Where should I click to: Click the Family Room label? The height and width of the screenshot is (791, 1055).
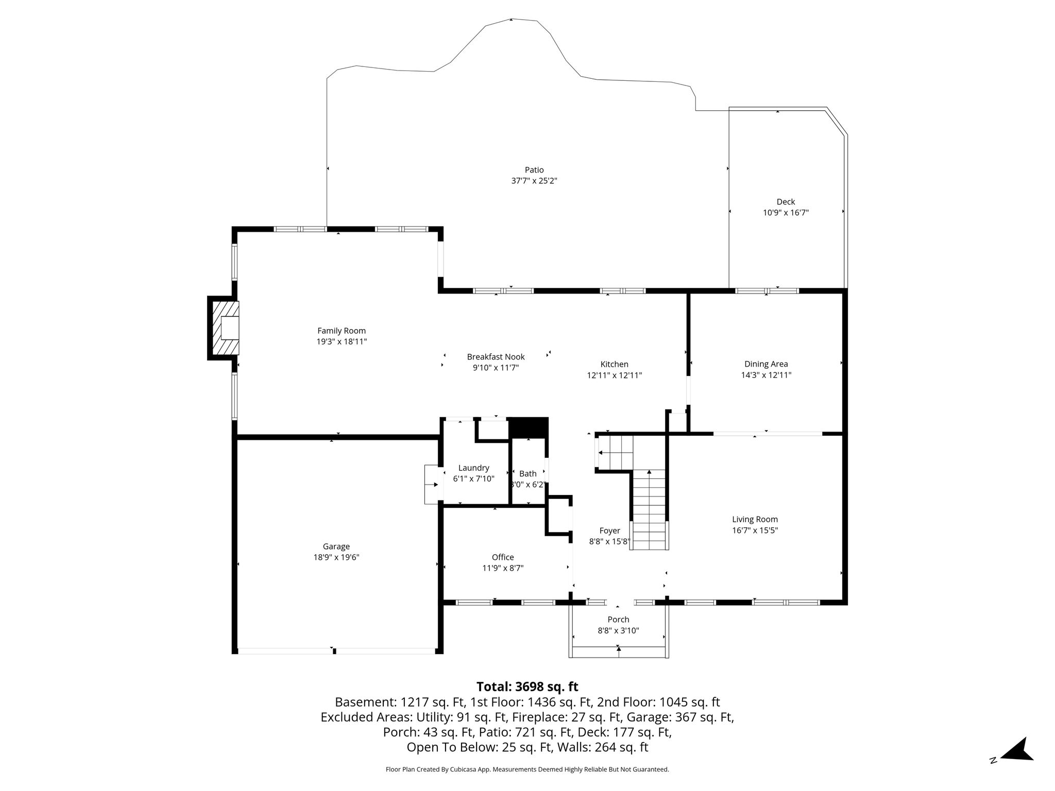pos(342,331)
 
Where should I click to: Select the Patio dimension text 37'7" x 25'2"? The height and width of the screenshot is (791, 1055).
pos(534,181)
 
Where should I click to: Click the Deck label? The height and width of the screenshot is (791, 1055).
pos(786,202)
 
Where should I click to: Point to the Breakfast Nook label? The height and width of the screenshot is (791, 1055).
pos(496,357)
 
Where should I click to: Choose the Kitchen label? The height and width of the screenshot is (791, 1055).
pos(614,365)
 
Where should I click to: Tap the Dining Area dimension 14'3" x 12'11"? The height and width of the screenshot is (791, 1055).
pos(766,375)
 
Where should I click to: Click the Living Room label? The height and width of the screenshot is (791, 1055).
pos(755,520)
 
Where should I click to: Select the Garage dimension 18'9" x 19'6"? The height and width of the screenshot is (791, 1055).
pos(336,557)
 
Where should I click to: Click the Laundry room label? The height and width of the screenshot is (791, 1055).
pos(473,468)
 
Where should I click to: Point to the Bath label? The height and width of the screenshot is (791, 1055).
pos(527,474)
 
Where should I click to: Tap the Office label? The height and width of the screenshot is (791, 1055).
pos(503,557)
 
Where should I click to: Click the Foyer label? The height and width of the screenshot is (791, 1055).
pos(609,531)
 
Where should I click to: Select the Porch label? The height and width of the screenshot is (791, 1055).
pos(618,620)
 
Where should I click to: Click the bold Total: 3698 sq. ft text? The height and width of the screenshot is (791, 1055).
pos(527,687)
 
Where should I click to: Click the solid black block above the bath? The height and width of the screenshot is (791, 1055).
pos(529,428)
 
